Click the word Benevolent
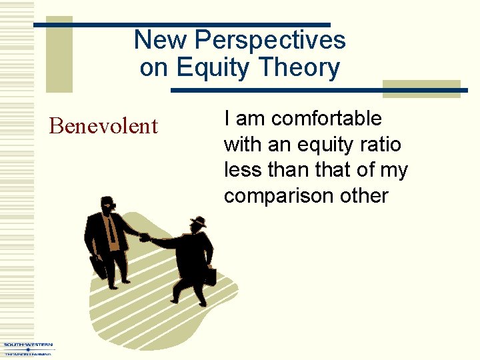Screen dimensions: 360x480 (x=103, y=126)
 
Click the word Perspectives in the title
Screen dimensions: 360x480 (x=269, y=40)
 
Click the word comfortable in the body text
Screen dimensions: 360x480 (x=327, y=119)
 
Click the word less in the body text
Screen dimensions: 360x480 (x=242, y=171)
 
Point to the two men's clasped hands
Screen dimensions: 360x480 (x=145, y=237)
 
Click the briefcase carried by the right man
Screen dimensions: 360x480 (x=209, y=275)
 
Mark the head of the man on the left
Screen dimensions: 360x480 (x=107, y=205)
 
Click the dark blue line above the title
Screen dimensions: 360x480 (x=181, y=25)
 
